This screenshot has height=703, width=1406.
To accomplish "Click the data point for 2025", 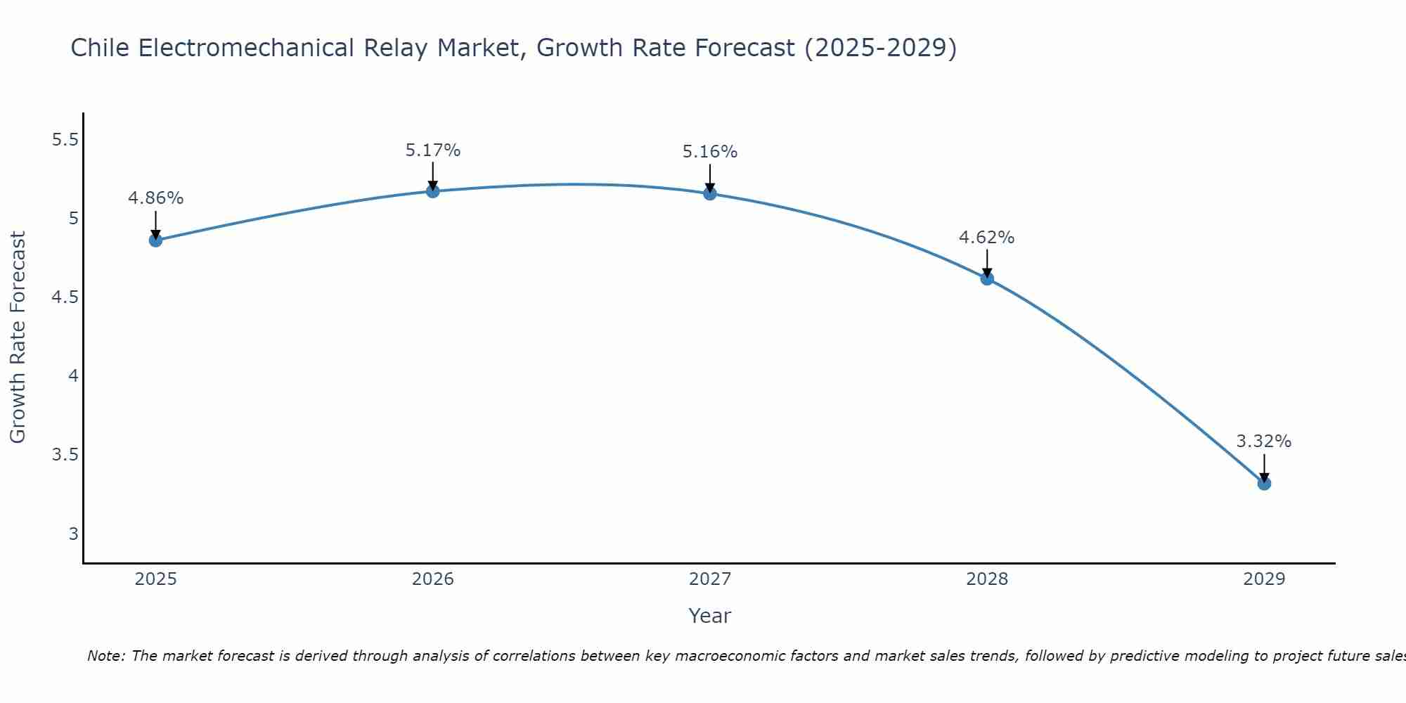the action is (x=155, y=240).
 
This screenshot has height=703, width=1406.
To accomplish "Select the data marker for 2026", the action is (x=433, y=191).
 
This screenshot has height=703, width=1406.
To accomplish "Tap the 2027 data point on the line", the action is (x=710, y=193).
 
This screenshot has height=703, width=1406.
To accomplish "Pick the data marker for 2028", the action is (x=987, y=278).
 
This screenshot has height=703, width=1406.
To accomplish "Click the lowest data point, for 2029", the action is (x=1264, y=483).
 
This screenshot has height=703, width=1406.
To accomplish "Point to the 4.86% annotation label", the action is (x=156, y=198).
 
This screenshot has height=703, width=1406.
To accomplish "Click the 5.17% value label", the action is (x=433, y=150).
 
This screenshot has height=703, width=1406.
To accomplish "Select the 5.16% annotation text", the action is (x=710, y=152).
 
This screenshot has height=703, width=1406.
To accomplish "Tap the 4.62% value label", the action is (x=987, y=238).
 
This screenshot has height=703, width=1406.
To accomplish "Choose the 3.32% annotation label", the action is (x=1264, y=441).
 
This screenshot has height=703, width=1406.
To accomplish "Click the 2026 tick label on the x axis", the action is (x=433, y=579).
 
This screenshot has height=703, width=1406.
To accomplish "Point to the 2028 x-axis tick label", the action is (x=987, y=579).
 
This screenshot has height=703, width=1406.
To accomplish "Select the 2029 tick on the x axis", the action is (x=1264, y=579).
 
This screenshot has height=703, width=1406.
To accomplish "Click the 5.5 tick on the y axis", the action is (x=65, y=140).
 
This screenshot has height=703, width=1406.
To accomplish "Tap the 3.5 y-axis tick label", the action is (x=65, y=455).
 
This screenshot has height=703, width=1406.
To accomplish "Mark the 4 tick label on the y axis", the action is (x=73, y=376).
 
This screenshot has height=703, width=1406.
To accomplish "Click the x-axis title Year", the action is (x=710, y=616).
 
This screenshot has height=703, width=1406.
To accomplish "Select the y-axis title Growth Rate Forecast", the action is (x=18, y=337).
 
